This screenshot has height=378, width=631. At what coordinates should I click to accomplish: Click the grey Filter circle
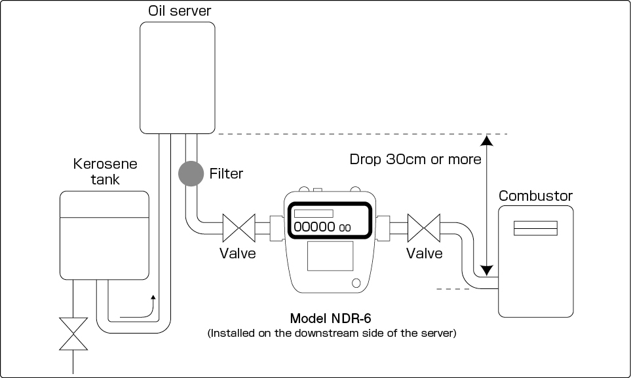pyautogui.click(x=191, y=173)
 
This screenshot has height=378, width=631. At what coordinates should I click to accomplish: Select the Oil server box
pyautogui.click(x=178, y=76)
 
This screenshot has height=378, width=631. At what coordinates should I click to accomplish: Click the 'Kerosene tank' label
pyautogui.click(x=96, y=171)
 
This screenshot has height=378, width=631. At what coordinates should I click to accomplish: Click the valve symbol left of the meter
pyautogui.click(x=239, y=230)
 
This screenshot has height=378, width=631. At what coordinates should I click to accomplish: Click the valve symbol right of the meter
pyautogui.click(x=423, y=230)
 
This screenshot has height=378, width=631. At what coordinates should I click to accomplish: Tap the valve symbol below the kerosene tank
pyautogui.click(x=72, y=334)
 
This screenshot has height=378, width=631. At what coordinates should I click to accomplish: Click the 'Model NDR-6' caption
pyautogui.click(x=331, y=318)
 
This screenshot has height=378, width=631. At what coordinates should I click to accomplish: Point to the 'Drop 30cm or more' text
pyautogui.click(x=415, y=160)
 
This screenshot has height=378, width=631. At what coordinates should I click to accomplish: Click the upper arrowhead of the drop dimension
pyautogui.click(x=486, y=139)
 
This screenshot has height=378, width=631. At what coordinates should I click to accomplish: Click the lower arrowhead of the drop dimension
pyautogui.click(x=486, y=269)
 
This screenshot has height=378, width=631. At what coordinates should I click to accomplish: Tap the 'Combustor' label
pyautogui.click(x=535, y=196)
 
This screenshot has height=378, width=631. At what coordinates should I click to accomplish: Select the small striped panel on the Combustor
pyautogui.click(x=535, y=228)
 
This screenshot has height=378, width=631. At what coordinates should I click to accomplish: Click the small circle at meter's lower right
pyautogui.click(x=356, y=283)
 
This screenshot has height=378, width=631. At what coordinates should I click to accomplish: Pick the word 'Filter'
pyautogui.click(x=226, y=174)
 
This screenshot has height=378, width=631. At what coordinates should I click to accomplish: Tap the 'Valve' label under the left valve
pyautogui.click(x=238, y=253)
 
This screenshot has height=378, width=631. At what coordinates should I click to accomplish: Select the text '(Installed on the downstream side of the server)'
pyautogui.click(x=332, y=334)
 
